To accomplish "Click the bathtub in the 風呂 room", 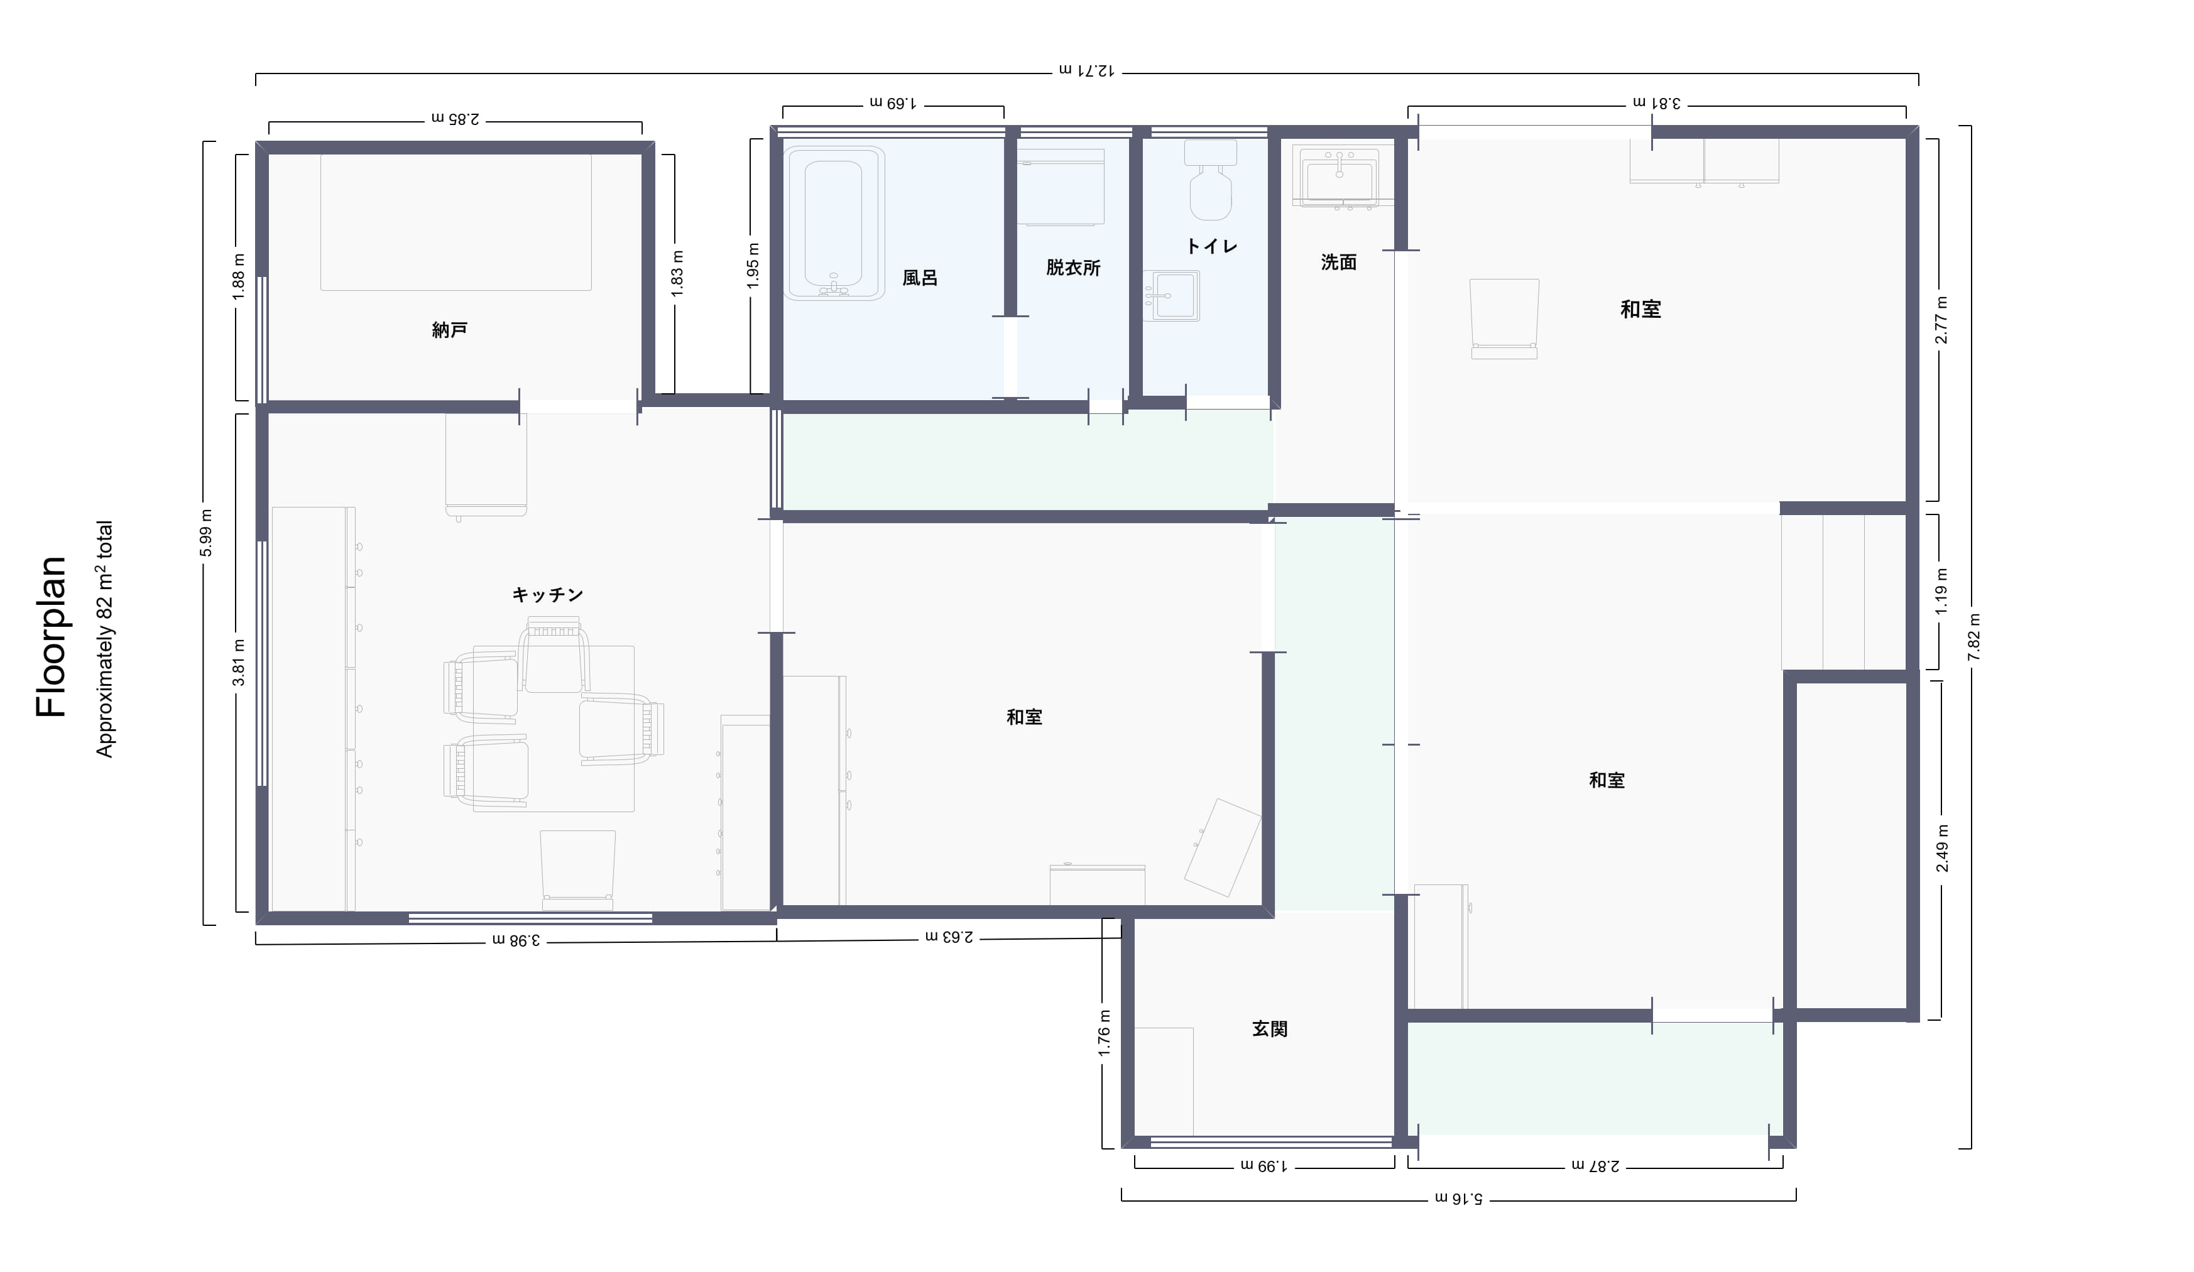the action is coord(834,223).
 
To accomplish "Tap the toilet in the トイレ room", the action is coord(1210,180).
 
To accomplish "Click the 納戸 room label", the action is coord(450,330).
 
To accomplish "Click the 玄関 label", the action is coord(1269,1028).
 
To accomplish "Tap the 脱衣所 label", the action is coord(1074,268).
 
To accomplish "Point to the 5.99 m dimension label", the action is coord(206,533).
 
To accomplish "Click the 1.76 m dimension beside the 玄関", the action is coord(1104,1033).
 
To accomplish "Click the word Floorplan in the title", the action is coord(52,636).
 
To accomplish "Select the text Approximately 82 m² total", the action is coord(104,639).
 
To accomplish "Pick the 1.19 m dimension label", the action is coord(1941,591).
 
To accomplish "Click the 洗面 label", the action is coord(1339,262).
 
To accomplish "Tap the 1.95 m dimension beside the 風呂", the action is coord(754,266).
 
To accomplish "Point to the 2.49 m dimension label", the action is coord(1941,848).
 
